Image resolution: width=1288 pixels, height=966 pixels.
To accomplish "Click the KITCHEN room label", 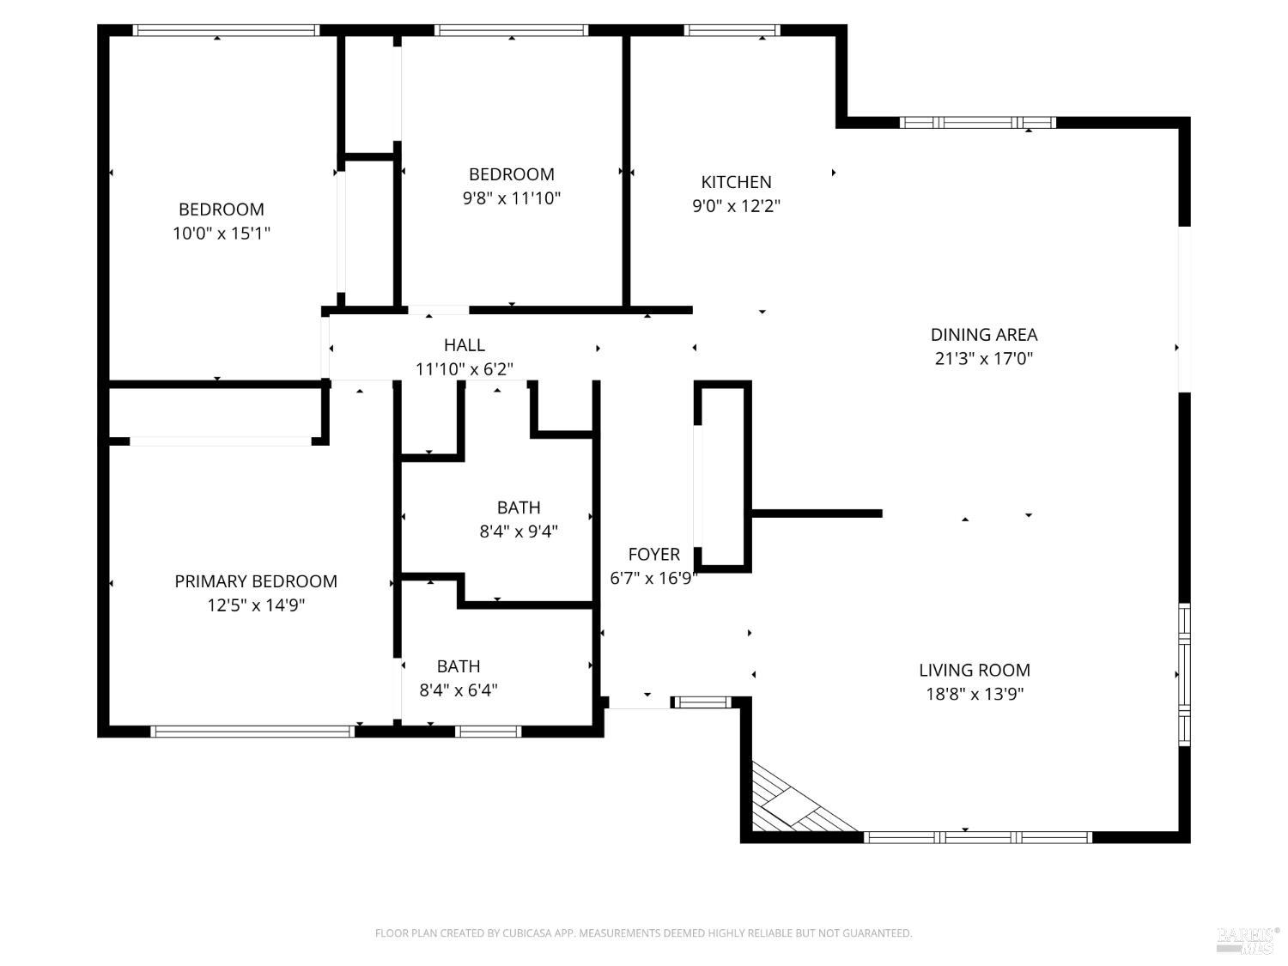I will click(736, 182).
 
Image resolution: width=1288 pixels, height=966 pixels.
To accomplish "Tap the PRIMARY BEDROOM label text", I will click(256, 581).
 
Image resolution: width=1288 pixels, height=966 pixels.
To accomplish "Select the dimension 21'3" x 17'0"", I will click(983, 359).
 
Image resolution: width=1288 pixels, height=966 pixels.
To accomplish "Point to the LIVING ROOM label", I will click(974, 670).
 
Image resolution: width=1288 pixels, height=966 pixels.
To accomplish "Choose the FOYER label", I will click(653, 555).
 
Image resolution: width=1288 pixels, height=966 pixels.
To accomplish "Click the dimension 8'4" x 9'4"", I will click(519, 532).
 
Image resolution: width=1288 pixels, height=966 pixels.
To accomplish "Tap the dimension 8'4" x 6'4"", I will click(459, 690).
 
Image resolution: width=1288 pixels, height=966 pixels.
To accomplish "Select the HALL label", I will click(465, 345).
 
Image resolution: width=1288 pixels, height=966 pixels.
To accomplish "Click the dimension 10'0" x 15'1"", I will click(222, 233).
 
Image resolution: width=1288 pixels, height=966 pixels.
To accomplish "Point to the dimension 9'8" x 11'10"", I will click(512, 198).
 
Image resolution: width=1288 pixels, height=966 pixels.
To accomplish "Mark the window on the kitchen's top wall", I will click(732, 31).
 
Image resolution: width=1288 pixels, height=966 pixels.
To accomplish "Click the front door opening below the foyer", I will click(639, 703).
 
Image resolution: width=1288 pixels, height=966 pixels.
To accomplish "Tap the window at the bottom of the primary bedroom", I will click(252, 732).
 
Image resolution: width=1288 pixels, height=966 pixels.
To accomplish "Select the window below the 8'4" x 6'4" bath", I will click(488, 732).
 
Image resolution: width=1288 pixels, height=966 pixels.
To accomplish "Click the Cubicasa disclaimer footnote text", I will click(643, 933).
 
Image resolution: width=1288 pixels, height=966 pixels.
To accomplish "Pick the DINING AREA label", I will click(983, 335).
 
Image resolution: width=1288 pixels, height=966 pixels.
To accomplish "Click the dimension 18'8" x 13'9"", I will click(974, 694).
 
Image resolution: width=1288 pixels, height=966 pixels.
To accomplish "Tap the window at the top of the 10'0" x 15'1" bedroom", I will click(226, 31).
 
